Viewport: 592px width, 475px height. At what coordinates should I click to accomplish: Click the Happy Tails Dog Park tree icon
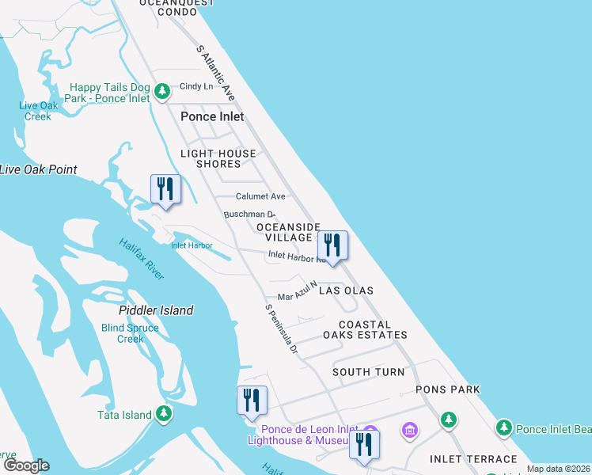[x=162, y=93]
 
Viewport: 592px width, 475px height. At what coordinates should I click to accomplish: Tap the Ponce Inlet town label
[x=212, y=116]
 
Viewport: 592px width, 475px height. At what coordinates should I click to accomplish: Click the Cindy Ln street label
[x=192, y=86]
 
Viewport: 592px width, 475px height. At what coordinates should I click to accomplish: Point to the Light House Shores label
[x=218, y=158]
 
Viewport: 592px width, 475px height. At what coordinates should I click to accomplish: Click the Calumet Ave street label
[x=260, y=196]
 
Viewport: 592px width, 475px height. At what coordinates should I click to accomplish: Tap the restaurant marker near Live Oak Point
[x=165, y=189]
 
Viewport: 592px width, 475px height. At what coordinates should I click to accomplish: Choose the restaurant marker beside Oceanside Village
[x=332, y=245]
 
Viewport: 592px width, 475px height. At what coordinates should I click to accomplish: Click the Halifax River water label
[x=142, y=259]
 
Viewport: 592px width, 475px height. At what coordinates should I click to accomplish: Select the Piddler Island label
[x=156, y=310]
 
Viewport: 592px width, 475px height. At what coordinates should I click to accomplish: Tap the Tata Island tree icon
[x=164, y=412]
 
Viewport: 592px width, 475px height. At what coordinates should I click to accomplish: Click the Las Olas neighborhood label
[x=346, y=291]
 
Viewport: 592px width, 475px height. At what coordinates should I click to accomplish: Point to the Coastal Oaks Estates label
[x=365, y=329]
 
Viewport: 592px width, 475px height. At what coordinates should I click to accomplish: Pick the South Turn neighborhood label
[x=368, y=372]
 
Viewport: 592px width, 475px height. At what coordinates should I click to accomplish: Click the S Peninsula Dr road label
[x=281, y=328]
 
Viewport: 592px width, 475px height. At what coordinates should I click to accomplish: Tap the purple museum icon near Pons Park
[x=410, y=430]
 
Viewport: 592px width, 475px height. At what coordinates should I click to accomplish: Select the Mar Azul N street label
[x=297, y=291]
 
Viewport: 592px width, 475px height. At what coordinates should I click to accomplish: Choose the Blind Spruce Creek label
[x=123, y=333]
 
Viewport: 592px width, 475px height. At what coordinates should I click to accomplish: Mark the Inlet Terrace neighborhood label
[x=472, y=459]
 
